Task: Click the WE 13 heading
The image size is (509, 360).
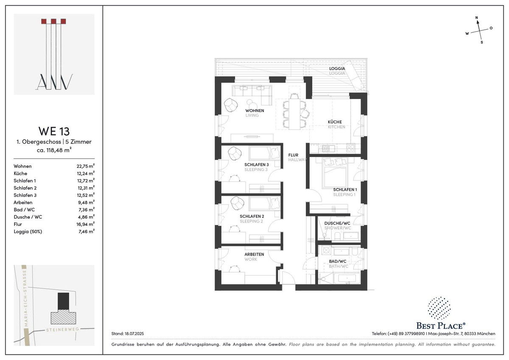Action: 54,131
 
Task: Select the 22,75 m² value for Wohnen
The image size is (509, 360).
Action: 85,166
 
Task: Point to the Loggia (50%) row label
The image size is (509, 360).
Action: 28,231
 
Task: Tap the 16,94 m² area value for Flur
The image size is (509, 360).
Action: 85,224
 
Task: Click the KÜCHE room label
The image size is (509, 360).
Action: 335,122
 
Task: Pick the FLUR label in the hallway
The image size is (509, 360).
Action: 293,155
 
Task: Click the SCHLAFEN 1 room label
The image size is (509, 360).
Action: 345,189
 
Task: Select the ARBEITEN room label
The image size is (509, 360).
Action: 254,254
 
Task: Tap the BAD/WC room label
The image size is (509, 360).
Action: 338,262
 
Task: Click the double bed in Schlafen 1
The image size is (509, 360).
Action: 335,173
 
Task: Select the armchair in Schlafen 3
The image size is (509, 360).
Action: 235,153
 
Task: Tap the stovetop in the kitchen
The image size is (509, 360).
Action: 350,148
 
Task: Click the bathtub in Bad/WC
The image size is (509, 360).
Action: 347,278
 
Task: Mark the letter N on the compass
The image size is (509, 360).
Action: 477,17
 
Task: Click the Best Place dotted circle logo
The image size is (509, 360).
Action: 439,308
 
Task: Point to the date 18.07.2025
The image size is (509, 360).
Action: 134,334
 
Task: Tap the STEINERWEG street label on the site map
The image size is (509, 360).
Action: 62,329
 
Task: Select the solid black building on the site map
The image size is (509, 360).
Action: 63,301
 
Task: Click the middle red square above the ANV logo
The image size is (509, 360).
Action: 53,21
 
